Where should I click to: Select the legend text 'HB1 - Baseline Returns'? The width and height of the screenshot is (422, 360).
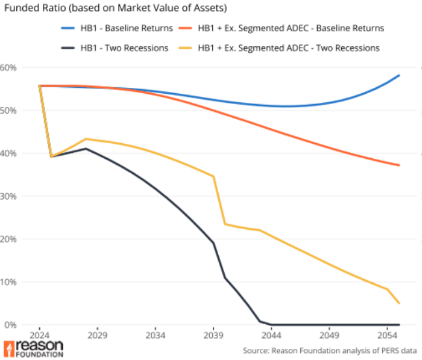coord(124,28)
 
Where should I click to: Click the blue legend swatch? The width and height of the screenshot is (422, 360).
coord(68,28)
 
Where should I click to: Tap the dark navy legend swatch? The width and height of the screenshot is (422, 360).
coord(68,48)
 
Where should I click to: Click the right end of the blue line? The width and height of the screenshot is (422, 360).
coord(400,76)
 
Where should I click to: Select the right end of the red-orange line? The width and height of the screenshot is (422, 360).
coord(399,165)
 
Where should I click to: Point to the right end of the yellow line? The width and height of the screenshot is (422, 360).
coord(399,303)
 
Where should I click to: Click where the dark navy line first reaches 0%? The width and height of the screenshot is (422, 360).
coord(268,324)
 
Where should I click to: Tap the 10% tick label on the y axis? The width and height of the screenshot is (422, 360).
coord(9,283)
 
